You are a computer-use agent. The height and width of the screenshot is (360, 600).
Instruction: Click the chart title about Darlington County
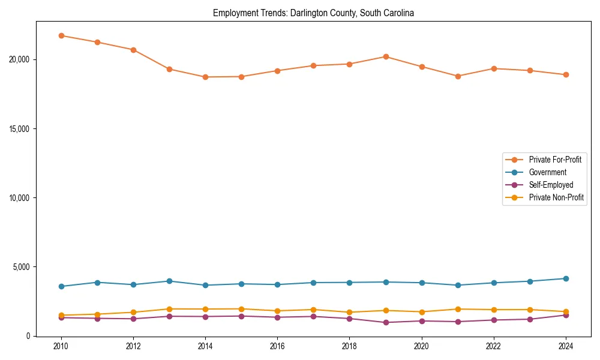tap(313, 13)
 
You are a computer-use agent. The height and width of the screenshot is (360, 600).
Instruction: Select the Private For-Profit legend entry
tap(555, 160)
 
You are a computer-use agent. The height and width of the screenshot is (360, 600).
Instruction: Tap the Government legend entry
tap(547, 172)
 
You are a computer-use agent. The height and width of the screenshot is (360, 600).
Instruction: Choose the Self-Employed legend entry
tap(551, 185)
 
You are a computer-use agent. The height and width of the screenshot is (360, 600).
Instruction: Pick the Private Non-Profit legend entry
tap(556, 197)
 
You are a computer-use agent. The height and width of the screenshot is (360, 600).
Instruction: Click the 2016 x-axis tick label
tap(277, 346)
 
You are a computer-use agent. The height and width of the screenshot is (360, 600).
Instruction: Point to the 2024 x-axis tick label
tap(566, 346)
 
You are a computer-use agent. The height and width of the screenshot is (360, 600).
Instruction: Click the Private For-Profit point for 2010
tap(61, 35)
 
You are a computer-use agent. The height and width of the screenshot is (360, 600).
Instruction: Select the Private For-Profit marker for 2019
tap(386, 56)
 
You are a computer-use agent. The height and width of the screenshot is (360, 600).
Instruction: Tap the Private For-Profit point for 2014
tap(205, 77)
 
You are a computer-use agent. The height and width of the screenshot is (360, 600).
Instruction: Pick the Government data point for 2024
tap(566, 278)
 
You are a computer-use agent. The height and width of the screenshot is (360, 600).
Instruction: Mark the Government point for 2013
tap(169, 281)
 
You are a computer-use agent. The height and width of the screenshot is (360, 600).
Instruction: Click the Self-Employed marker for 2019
tap(386, 322)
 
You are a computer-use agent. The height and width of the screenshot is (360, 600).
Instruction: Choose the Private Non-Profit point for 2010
tap(61, 315)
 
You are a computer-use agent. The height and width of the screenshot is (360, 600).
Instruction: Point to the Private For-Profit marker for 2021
tap(458, 76)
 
